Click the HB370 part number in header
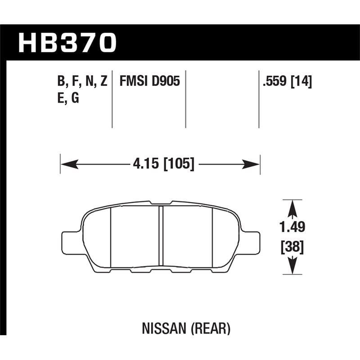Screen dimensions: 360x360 pyautogui.click(x=67, y=43)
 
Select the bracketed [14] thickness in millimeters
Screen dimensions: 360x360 pyautogui.click(x=302, y=82)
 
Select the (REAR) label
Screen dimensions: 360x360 pyautogui.click(x=215, y=329)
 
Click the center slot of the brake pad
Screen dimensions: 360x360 pyautogui.click(x=161, y=237)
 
